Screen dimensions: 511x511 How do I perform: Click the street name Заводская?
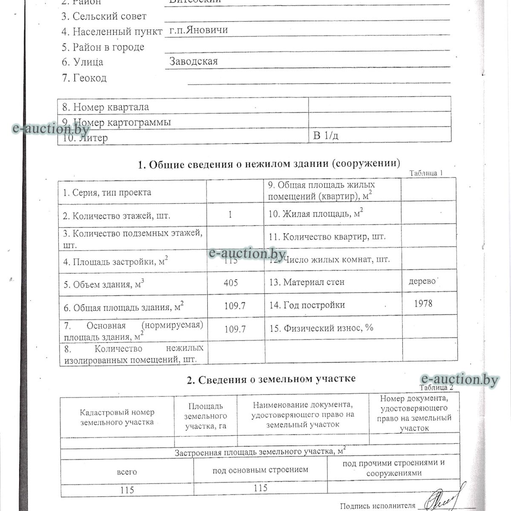pyautogui.click(x=194, y=61)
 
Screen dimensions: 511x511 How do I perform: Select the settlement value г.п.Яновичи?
pyautogui.click(x=198, y=30)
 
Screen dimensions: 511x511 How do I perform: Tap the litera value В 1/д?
pyautogui.click(x=326, y=136)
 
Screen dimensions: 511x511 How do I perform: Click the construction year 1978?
pyautogui.click(x=423, y=303)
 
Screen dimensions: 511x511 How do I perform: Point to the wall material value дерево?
pyautogui.click(x=422, y=281)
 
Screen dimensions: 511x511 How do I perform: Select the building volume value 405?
pyautogui.click(x=230, y=283)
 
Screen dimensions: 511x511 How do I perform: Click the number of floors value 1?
pyautogui.click(x=230, y=215)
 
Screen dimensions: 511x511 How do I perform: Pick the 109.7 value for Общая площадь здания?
pyautogui.click(x=235, y=306)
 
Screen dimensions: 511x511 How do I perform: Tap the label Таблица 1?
pyautogui.click(x=426, y=173)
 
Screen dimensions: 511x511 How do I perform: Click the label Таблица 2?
pyautogui.click(x=436, y=388)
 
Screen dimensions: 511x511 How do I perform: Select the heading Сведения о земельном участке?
pyautogui.click(x=271, y=379)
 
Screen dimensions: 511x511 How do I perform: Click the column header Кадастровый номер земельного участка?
pyautogui.click(x=117, y=417)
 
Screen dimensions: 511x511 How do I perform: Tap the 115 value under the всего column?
pyautogui.click(x=127, y=490)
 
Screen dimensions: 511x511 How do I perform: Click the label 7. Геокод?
pyautogui.click(x=84, y=78)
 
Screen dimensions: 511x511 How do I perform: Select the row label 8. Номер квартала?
pyautogui.click(x=106, y=107)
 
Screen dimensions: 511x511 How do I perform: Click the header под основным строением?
pyautogui.click(x=260, y=470)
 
